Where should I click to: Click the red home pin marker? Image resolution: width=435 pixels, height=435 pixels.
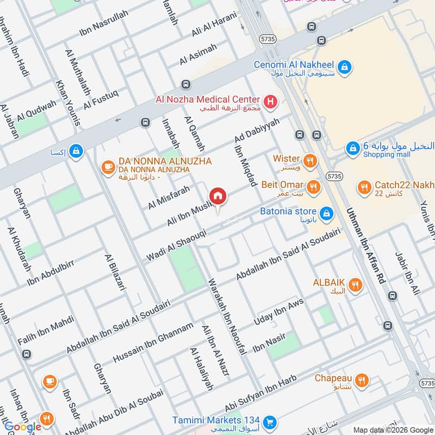pyautogui.click(x=217, y=196)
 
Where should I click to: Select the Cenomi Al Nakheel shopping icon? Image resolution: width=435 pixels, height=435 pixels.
pyautogui.click(x=344, y=67)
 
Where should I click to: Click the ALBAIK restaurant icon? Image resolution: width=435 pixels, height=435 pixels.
pyautogui.click(x=355, y=284)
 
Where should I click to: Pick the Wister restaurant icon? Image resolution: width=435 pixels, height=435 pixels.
pyautogui.click(x=310, y=160)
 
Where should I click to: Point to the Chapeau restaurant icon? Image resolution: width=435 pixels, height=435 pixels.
pyautogui.click(x=363, y=380)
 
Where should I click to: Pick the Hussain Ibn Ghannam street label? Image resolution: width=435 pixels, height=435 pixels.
pyautogui.click(x=153, y=343)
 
